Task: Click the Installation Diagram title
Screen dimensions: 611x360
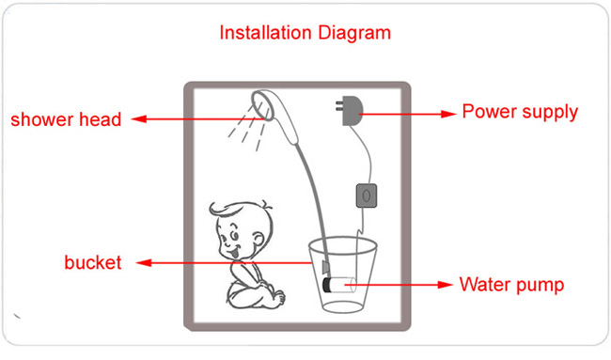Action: (305, 33)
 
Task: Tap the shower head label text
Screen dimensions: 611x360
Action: (66, 119)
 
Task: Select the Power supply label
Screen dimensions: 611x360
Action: (520, 112)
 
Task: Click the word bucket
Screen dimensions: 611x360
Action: (93, 262)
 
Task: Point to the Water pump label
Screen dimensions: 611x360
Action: (511, 285)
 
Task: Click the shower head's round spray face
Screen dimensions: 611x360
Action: (261, 106)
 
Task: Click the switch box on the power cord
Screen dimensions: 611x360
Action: (367, 196)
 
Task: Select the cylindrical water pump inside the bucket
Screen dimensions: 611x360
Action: (339, 285)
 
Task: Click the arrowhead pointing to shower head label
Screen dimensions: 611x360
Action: (138, 118)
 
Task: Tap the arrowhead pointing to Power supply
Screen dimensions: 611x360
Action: (448, 114)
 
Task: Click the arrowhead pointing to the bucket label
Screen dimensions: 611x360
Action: (144, 263)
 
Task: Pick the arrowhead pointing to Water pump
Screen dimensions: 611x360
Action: (445, 285)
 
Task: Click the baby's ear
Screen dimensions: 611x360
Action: (258, 238)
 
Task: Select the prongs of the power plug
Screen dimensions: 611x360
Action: (339, 106)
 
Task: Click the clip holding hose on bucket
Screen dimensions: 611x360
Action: (325, 267)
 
